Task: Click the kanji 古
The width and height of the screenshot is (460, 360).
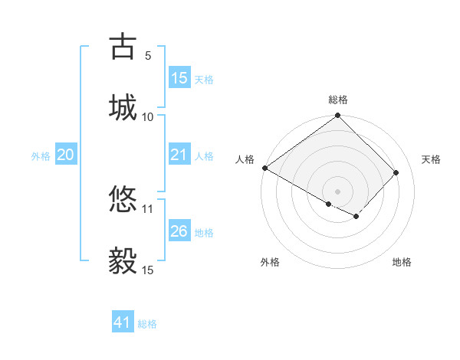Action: point(122,47)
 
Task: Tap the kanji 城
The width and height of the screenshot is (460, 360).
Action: point(122,106)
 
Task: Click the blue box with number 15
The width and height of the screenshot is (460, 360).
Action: point(179,78)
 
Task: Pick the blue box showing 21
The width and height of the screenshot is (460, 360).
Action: point(179,155)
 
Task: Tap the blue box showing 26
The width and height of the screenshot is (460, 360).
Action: point(179,231)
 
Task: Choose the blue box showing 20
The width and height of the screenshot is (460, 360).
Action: point(66,155)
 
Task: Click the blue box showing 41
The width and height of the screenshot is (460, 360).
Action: point(123,322)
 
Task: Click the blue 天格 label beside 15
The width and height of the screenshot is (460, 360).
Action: point(204,79)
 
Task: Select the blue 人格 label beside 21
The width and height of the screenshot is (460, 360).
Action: point(204,156)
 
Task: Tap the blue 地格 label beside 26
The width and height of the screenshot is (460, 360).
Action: point(204,232)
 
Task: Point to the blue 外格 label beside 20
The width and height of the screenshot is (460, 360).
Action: point(41,156)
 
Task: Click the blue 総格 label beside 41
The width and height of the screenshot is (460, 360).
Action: point(147,324)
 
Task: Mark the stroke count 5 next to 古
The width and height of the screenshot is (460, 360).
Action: point(148,56)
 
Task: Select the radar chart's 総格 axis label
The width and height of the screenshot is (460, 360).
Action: point(337,100)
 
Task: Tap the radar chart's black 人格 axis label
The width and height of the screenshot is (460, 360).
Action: point(245,159)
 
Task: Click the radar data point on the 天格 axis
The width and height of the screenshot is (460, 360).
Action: point(396,173)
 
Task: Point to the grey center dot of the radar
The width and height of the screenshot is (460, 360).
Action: point(337,191)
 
